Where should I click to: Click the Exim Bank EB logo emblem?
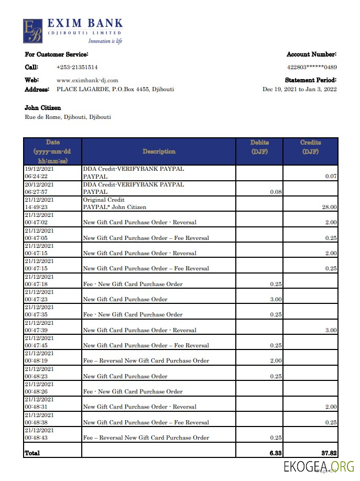point(32,31)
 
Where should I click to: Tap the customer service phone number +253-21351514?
point(77,67)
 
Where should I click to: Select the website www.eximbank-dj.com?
point(87,80)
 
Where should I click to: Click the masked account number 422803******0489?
point(311,67)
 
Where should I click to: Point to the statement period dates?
point(299,89)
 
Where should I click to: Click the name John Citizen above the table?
point(43,108)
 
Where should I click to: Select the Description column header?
point(159,151)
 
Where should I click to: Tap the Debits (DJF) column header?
point(259,147)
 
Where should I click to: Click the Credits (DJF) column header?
point(310,147)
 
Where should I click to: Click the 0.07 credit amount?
point(331,177)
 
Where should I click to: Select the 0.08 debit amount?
point(276,192)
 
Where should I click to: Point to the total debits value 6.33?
point(275,452)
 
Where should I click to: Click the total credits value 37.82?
point(329,452)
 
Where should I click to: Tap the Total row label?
point(32,452)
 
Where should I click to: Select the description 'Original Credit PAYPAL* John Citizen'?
point(115,204)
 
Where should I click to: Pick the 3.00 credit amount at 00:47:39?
point(330,330)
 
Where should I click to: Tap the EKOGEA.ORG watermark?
point(319,466)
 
